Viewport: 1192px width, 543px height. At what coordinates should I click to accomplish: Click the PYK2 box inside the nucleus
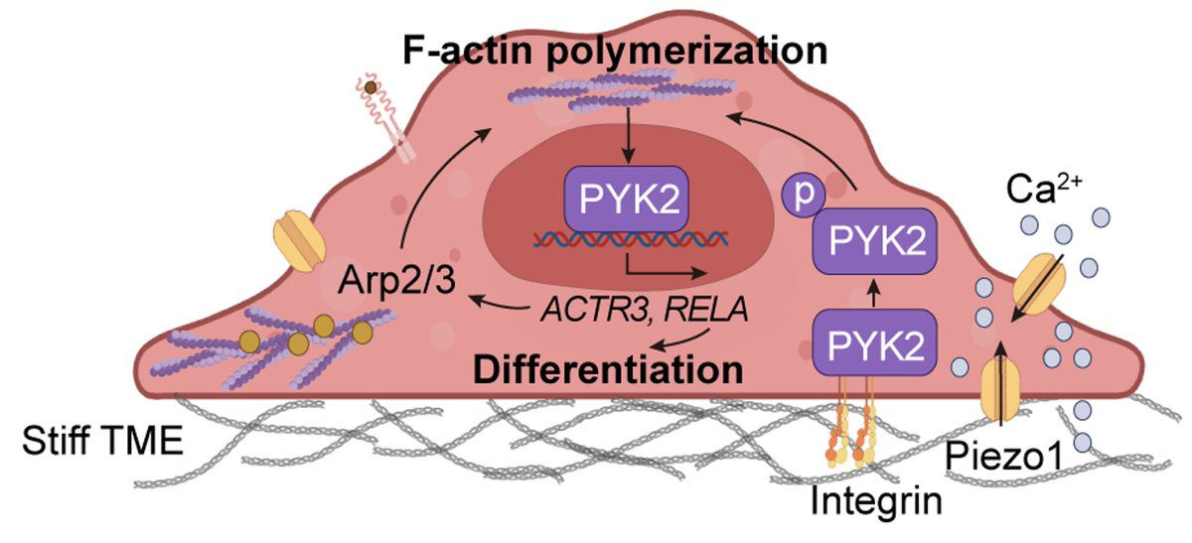[x=627, y=199]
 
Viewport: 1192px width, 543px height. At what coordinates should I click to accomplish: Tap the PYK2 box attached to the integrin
[x=875, y=342]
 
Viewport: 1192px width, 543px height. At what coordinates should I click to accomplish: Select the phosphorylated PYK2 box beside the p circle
[x=875, y=241]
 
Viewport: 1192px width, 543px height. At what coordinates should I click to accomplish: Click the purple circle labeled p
[x=803, y=196]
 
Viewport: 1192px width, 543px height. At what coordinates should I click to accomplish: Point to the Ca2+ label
[x=1044, y=189]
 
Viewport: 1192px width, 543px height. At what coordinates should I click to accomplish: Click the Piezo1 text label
[x=1003, y=457]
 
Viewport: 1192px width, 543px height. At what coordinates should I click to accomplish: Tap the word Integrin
[x=876, y=500]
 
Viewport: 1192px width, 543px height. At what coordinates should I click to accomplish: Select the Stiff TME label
[x=102, y=441]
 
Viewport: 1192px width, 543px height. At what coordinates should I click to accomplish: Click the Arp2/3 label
[x=396, y=279]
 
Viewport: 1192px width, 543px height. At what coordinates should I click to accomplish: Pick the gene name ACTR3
[x=596, y=310]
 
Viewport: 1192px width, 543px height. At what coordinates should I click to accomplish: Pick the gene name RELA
[x=706, y=309]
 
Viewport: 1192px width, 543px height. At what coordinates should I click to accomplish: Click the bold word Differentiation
[x=608, y=368]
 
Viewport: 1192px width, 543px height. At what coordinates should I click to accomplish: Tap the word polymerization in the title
[x=687, y=53]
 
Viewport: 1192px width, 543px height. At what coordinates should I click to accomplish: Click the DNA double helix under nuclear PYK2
[x=631, y=240]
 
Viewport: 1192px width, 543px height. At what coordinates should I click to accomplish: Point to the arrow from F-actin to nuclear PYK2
[x=629, y=136]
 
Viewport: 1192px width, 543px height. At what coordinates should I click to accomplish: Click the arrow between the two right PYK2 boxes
[x=874, y=292]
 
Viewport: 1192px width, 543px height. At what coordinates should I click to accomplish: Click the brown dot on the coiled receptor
[x=371, y=87]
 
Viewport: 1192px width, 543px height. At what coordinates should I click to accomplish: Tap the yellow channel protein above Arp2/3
[x=299, y=241]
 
